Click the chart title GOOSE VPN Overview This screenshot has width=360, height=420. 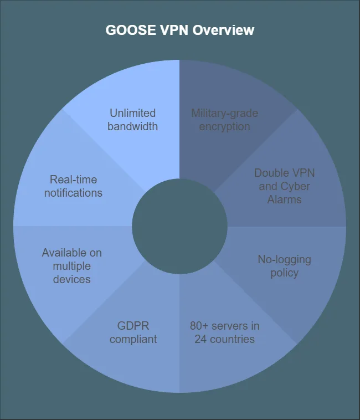(179, 30)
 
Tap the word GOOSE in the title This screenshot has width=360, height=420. (131, 30)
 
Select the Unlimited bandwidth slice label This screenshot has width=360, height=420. (132, 120)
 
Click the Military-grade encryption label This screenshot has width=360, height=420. (224, 120)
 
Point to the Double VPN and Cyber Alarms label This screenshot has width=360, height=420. (284, 186)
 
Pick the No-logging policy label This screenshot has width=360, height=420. (284, 266)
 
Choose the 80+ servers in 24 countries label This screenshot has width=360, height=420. (224, 332)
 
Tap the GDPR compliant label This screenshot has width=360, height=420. (133, 332)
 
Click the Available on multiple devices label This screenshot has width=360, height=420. (72, 266)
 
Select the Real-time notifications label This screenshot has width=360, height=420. (73, 186)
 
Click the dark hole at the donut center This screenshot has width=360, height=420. (179, 226)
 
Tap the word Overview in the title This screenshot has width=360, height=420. (223, 30)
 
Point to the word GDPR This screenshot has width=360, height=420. (133, 326)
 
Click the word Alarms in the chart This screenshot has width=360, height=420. (284, 199)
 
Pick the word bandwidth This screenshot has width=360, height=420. (132, 126)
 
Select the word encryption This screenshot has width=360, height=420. (224, 127)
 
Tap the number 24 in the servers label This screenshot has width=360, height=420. (200, 339)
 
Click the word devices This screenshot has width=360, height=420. (72, 279)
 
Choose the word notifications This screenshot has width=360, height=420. (73, 193)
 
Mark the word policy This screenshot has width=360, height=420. (284, 273)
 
